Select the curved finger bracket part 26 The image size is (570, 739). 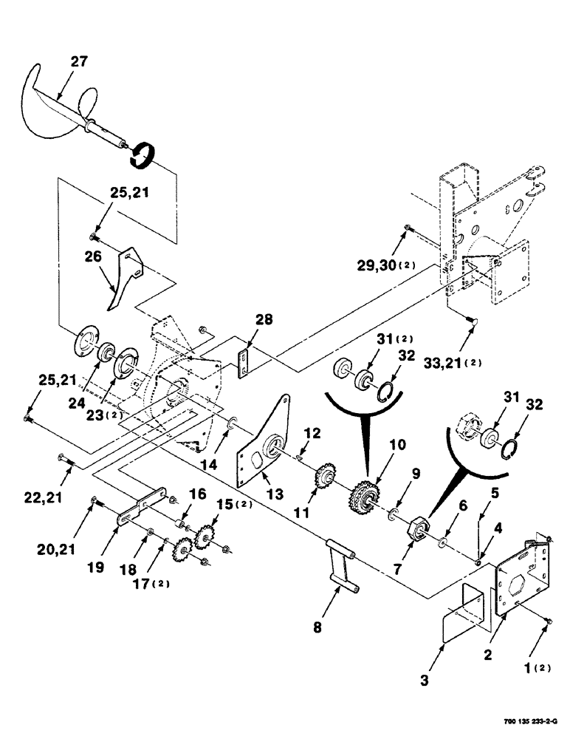pyautogui.click(x=122, y=277)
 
